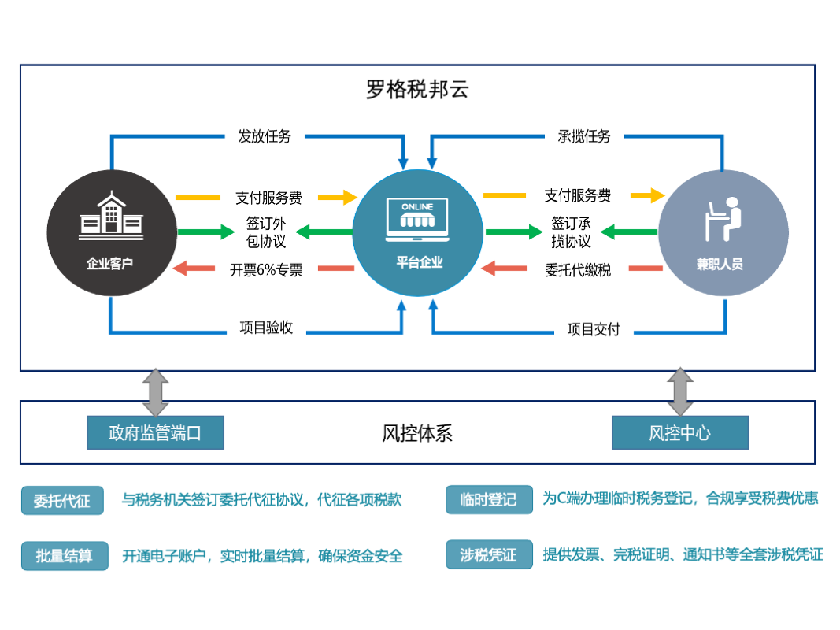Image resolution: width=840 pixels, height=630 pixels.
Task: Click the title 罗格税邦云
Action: click(x=417, y=90)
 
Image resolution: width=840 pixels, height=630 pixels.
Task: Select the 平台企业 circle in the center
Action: click(x=418, y=233)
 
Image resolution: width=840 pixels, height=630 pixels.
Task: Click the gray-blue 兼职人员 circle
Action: click(x=723, y=233)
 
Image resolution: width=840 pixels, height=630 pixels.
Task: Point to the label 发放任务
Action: click(x=265, y=136)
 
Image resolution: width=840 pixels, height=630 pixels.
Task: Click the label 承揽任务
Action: click(x=584, y=136)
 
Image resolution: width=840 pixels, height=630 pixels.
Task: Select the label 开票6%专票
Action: click(x=266, y=269)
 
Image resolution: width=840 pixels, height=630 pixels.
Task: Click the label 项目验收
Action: click(x=266, y=328)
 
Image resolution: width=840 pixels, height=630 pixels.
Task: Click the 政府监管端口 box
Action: click(x=155, y=433)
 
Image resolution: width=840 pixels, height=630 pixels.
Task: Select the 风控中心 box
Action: click(x=679, y=433)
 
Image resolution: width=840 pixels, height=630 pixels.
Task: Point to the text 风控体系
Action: click(x=417, y=433)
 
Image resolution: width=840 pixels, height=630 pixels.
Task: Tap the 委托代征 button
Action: click(x=62, y=501)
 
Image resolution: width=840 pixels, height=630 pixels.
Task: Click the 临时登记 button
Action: click(x=488, y=499)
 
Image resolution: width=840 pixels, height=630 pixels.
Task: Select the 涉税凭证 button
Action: click(x=488, y=555)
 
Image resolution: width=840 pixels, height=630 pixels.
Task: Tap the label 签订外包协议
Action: click(x=266, y=232)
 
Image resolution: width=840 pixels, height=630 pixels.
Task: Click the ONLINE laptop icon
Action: click(x=417, y=219)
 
